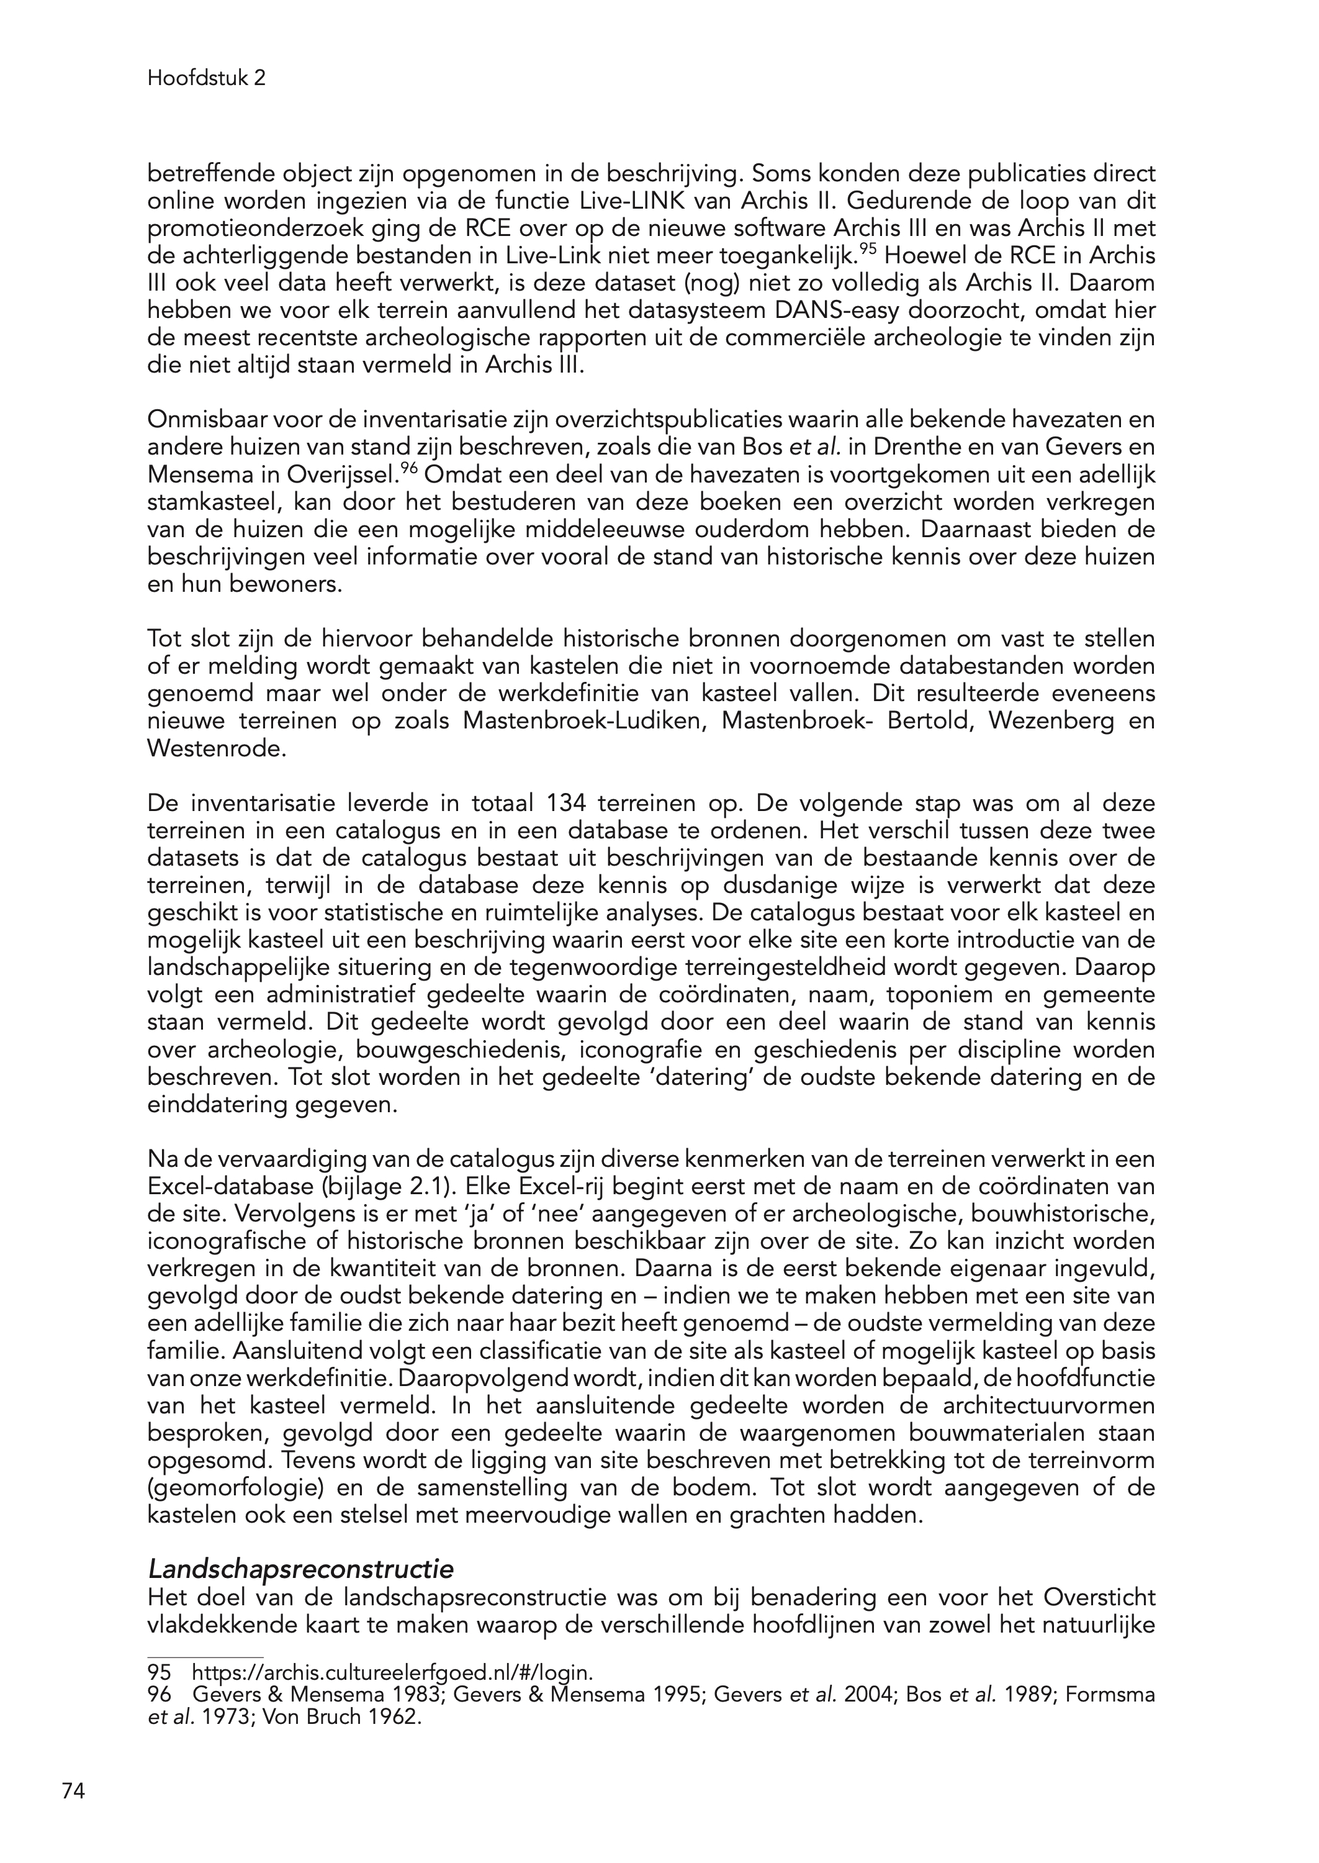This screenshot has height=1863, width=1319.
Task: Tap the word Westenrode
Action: coord(216,748)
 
